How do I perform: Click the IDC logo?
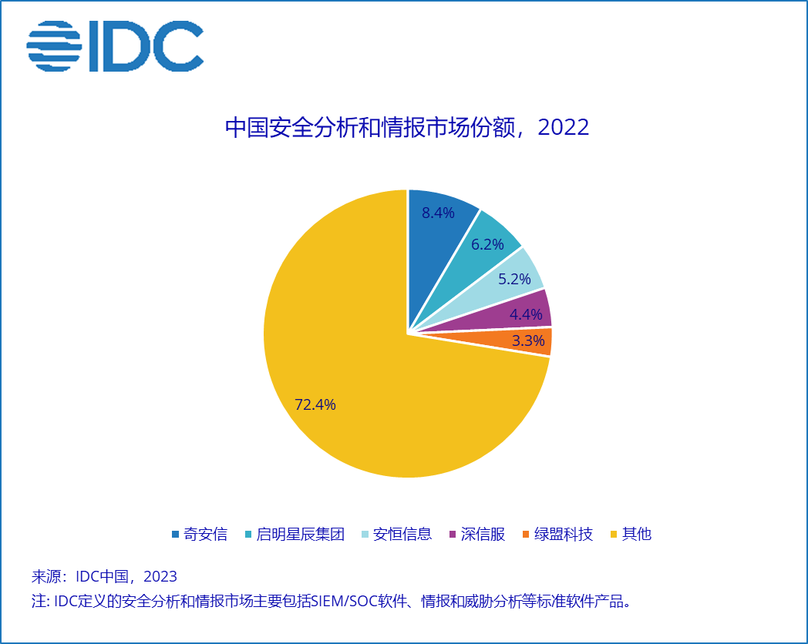point(115,46)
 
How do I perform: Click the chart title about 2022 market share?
point(407,127)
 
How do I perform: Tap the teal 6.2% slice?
point(476,257)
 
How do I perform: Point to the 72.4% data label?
point(315,404)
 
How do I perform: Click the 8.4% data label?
point(438,213)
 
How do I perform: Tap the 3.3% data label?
point(528,340)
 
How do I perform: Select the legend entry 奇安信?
point(200,535)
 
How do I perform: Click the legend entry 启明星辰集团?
point(295,535)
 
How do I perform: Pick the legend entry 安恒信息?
point(397,535)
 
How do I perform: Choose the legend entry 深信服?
point(477,535)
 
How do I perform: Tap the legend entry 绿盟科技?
point(557,535)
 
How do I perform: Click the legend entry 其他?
point(631,535)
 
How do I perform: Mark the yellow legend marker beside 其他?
point(614,535)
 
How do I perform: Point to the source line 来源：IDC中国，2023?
point(104,576)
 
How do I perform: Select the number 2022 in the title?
point(564,127)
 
